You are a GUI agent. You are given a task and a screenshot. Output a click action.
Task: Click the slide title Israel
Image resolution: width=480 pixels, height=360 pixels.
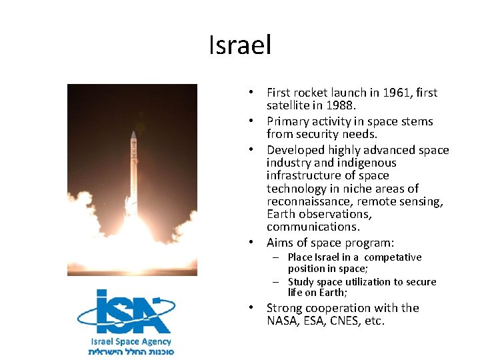click(240, 46)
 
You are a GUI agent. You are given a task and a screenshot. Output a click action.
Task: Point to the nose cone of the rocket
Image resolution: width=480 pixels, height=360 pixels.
click(133, 136)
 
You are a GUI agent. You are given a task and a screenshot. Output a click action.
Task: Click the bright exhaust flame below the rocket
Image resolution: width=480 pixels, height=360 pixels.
click(134, 233)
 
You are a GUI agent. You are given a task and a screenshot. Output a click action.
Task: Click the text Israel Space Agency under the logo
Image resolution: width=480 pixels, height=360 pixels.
click(131, 341)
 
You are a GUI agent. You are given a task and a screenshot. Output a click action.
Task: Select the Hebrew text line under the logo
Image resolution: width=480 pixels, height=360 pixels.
click(131, 351)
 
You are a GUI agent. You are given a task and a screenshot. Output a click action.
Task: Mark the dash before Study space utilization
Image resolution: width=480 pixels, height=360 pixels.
click(275, 282)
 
